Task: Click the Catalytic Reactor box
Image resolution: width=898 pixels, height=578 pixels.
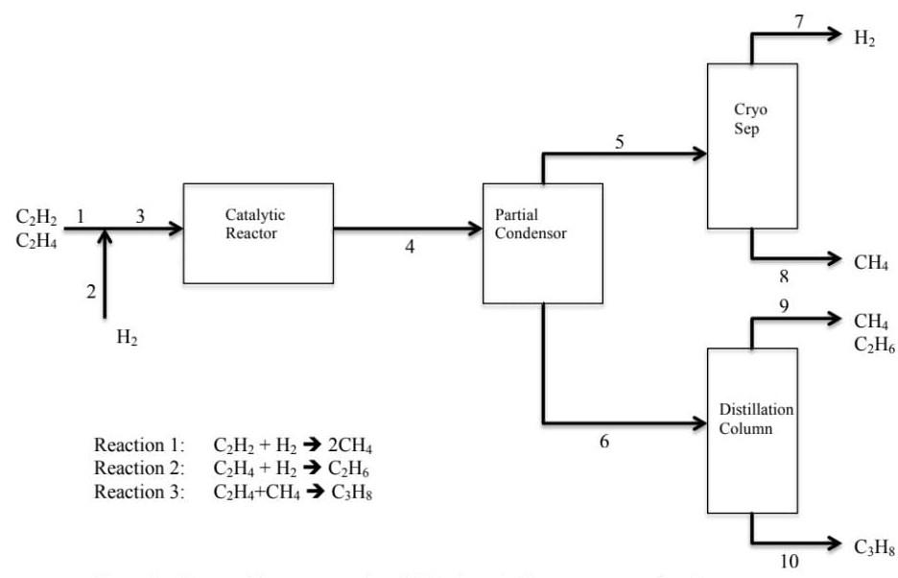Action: (258, 233)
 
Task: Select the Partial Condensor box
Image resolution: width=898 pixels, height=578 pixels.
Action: (542, 242)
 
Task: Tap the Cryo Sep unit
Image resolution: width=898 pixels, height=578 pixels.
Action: (751, 146)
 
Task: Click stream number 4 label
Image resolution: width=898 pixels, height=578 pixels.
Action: (410, 247)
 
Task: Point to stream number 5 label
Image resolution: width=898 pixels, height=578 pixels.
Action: (619, 142)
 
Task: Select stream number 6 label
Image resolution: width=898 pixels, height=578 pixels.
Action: (603, 443)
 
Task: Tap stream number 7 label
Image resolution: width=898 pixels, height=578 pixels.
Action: (799, 22)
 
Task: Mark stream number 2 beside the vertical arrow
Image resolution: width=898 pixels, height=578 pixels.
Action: (91, 293)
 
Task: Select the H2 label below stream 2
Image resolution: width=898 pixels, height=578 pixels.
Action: (127, 338)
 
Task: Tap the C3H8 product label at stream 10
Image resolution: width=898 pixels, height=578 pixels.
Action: (874, 548)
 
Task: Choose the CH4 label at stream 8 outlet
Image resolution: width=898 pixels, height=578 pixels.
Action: (870, 262)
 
